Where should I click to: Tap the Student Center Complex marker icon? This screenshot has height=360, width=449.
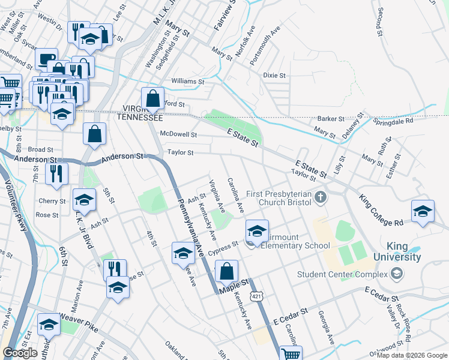pyautogui.click(x=396, y=275)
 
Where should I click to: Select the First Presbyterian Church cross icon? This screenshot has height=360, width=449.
pyautogui.click(x=321, y=197)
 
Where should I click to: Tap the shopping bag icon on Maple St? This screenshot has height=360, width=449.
pyautogui.click(x=226, y=271)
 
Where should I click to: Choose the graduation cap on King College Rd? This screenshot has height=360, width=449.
pyautogui.click(x=423, y=212)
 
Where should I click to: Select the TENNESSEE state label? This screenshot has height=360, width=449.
pyautogui.click(x=139, y=118)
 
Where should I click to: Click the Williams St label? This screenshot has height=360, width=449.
pyautogui.click(x=187, y=81)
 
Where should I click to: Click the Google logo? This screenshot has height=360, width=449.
pyautogui.click(x=20, y=353)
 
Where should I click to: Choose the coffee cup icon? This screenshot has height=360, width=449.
pyautogui.click(x=46, y=59)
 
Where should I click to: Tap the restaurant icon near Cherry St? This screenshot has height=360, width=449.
pyautogui.click(x=56, y=173)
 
